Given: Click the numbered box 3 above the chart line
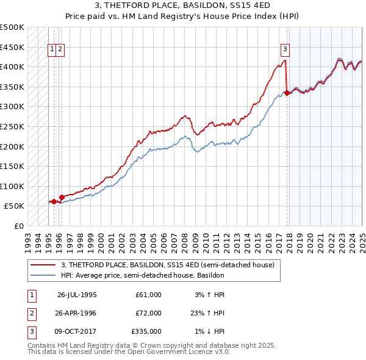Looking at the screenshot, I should (x=285, y=50).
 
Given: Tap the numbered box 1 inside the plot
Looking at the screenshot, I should (x=52, y=50).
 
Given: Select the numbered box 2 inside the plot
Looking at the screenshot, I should (x=61, y=50).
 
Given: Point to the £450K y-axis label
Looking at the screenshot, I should (x=12, y=47).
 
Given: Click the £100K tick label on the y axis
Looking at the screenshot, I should (x=12, y=186).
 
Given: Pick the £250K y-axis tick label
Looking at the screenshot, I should (x=12, y=126).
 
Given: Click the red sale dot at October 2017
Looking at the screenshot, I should (x=287, y=93).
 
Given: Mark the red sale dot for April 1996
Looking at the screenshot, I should (x=62, y=197).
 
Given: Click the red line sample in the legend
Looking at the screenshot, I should (x=43, y=265).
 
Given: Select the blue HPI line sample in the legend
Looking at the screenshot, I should (x=43, y=275).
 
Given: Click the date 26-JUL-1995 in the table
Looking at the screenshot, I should (x=77, y=294).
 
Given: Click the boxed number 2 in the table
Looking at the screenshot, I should (x=31, y=312).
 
